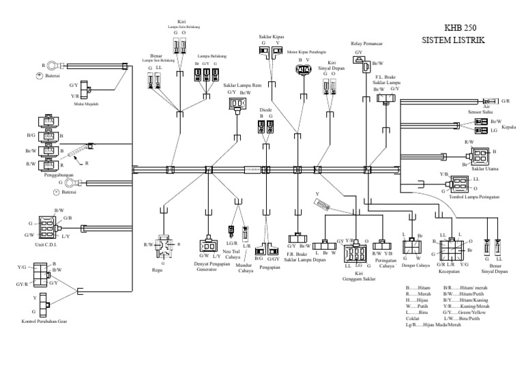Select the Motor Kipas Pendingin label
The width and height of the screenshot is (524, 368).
pyautogui.click(x=306, y=51)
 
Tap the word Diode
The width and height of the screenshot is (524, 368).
pyautogui.click(x=267, y=109)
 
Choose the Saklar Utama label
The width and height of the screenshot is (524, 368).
pyautogui.click(x=484, y=168)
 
